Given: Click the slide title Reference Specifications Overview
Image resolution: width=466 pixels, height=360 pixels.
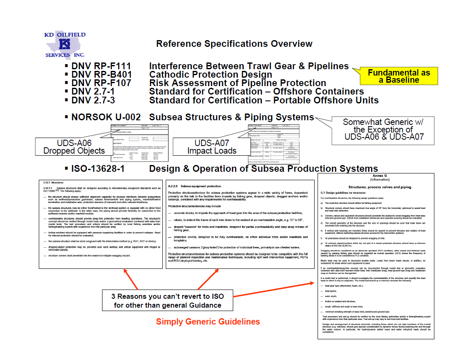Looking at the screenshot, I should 234,44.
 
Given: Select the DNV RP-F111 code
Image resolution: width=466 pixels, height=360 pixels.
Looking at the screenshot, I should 101,66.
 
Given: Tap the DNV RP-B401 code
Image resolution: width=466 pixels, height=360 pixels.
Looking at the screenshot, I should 101,75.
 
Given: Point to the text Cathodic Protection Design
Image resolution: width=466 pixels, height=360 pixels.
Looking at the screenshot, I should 208,75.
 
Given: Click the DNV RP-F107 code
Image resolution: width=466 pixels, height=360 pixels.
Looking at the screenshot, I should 101,83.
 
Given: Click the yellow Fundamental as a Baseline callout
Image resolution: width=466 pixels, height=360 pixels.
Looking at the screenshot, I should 399,76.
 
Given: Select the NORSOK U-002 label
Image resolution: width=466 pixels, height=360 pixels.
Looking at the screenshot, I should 106,117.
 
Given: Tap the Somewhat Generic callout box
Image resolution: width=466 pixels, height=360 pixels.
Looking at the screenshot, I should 383,129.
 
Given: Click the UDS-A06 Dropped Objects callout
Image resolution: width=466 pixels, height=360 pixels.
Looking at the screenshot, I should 74,147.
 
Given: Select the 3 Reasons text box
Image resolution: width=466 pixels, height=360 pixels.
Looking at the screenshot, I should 167,300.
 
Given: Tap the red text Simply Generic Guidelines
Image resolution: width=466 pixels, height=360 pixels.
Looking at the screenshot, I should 208,322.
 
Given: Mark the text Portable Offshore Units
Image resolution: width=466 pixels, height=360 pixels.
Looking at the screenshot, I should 326,100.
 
